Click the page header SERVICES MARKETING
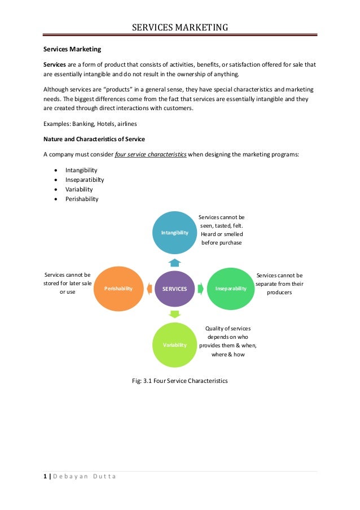[180, 27]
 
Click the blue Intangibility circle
[175, 232]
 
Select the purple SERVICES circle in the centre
[175, 288]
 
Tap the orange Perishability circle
[118, 288]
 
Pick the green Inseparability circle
[231, 288]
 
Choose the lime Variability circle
[175, 345]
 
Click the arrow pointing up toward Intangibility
[175, 261]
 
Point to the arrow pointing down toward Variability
[175, 314]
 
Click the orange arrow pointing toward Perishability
[148, 288]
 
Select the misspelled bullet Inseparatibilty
[85, 180]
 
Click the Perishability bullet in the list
[82, 199]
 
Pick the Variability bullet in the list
[79, 189]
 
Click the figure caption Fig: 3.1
[179, 381]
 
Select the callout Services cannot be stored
[67, 284]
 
